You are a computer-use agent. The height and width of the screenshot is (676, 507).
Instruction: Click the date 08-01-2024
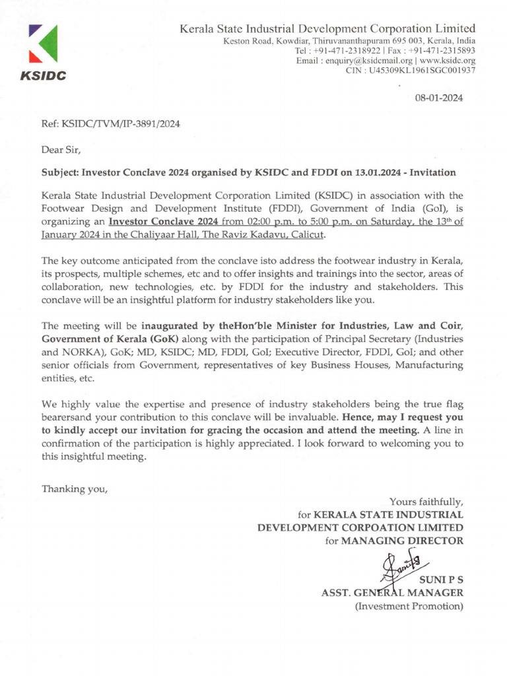(x=438, y=98)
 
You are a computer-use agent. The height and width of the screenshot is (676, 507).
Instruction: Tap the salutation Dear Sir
(x=61, y=149)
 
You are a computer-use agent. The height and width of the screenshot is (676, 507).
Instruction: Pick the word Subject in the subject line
(x=59, y=173)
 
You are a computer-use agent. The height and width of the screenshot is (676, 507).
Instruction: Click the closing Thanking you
(x=74, y=489)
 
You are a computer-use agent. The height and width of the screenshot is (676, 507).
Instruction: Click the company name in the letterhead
(x=328, y=28)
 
